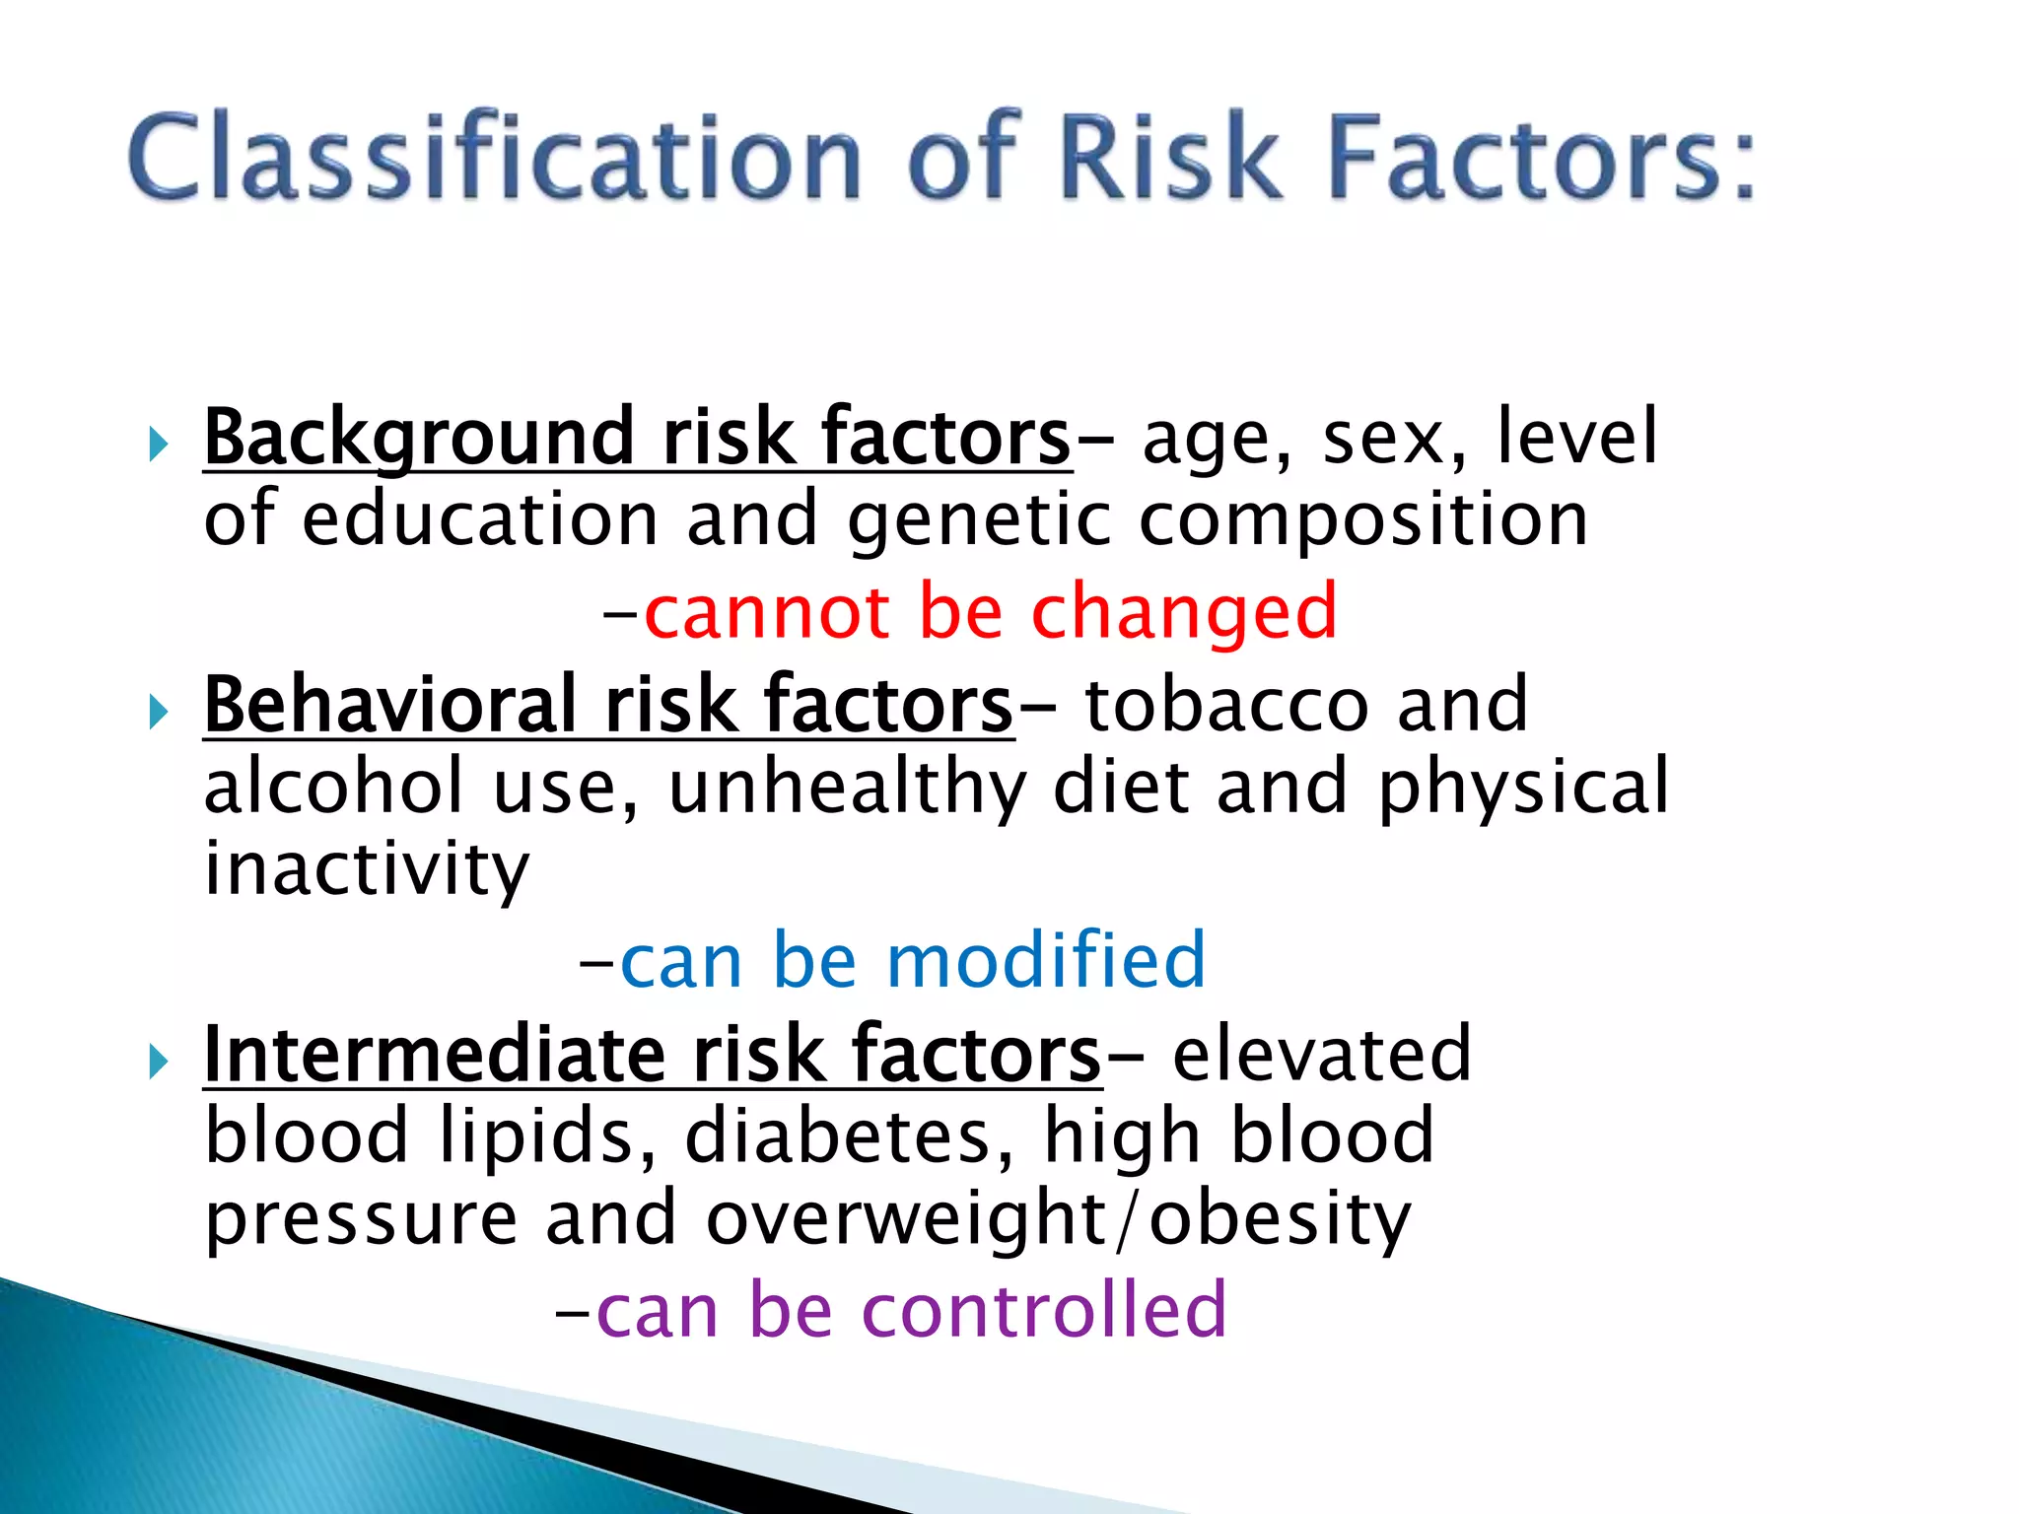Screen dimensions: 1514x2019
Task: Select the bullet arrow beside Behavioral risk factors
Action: coord(158,712)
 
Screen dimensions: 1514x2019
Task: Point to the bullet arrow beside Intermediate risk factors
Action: coord(158,1062)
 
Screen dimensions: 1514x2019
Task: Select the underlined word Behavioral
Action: coord(389,706)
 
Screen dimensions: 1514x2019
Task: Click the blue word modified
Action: coord(1046,961)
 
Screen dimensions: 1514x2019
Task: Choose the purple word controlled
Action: coord(1044,1311)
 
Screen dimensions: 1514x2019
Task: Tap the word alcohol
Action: coord(333,788)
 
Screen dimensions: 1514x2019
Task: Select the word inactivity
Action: coord(367,871)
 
